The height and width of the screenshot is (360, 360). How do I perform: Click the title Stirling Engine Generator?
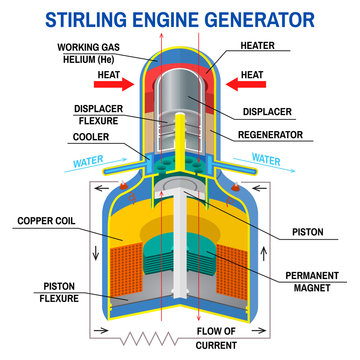coord(180,17)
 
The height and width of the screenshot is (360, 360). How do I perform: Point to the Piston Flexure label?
coord(49,291)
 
